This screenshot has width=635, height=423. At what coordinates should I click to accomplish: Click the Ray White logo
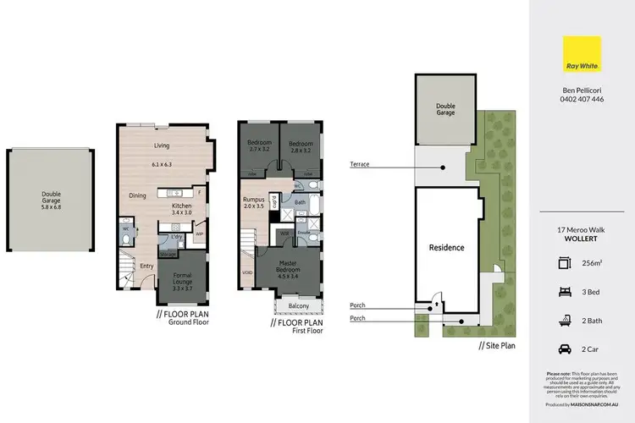[x=583, y=54]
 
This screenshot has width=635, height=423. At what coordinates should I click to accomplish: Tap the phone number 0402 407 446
[x=583, y=99]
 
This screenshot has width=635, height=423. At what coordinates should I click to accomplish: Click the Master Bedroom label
[x=293, y=271]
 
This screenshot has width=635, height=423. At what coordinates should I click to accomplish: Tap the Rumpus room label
[x=254, y=201]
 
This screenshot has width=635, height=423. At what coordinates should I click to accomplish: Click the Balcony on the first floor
[x=297, y=305]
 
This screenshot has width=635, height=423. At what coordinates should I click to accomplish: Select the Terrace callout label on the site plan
[x=359, y=164]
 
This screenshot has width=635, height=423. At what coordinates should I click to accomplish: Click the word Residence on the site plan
[x=446, y=248]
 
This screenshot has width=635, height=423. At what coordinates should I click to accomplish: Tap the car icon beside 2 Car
[x=565, y=348]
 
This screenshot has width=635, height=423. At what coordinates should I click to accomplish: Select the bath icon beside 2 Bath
[x=565, y=320]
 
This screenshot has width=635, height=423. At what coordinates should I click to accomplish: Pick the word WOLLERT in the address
[x=583, y=239]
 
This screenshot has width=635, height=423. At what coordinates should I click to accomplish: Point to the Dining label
[x=139, y=195]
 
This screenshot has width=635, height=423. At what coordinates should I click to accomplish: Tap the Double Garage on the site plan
[x=445, y=110]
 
